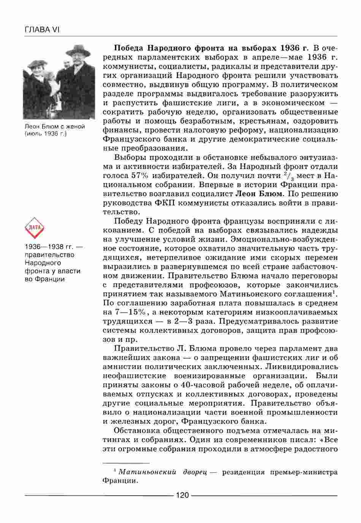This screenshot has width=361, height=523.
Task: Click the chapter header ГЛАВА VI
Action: coord(42,30)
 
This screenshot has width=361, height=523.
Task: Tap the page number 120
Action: coord(182,495)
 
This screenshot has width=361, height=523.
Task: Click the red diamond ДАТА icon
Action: coord(35,228)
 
